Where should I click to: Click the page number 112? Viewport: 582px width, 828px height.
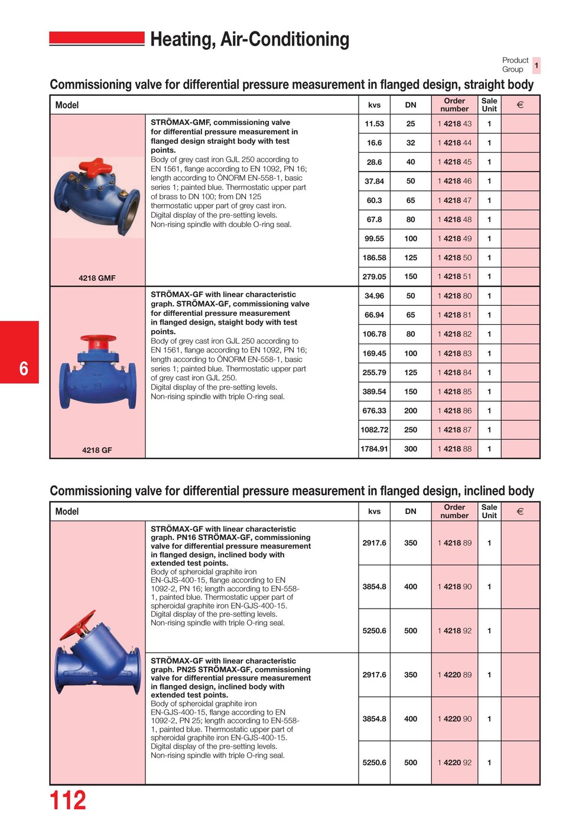pos(68,800)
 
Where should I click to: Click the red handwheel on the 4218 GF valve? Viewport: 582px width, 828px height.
pos(97,341)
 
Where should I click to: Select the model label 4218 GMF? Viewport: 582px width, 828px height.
pos(97,278)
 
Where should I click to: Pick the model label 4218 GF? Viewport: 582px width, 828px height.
pos(97,450)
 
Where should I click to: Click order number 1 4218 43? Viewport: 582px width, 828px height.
pos(454,124)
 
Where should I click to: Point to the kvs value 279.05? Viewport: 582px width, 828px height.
pos(374,277)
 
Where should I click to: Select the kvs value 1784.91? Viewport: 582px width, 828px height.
pos(374,449)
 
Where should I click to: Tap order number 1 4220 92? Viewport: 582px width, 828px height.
pos(454,763)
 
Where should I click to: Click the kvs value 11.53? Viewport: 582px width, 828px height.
pos(374,124)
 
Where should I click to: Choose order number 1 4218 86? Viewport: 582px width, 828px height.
pos(454,410)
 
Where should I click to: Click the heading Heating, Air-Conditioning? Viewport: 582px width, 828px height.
pos(249,39)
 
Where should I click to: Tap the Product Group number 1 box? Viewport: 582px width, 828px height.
pos(536,65)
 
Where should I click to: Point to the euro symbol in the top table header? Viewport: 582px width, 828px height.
pos(520,105)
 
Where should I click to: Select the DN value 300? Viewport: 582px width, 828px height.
pos(411,449)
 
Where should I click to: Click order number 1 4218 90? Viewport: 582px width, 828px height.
pos(454,587)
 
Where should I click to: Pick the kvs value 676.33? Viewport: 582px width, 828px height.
pos(374,410)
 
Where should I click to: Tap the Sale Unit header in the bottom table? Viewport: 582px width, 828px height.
pos(489,511)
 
